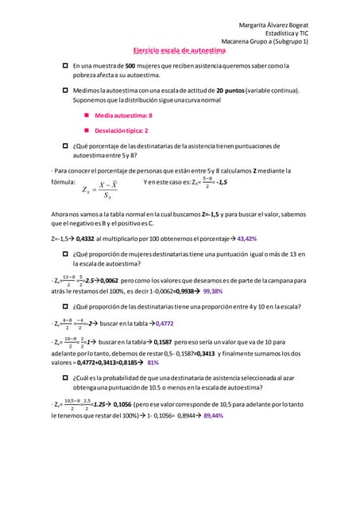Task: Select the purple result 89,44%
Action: (219, 415)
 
